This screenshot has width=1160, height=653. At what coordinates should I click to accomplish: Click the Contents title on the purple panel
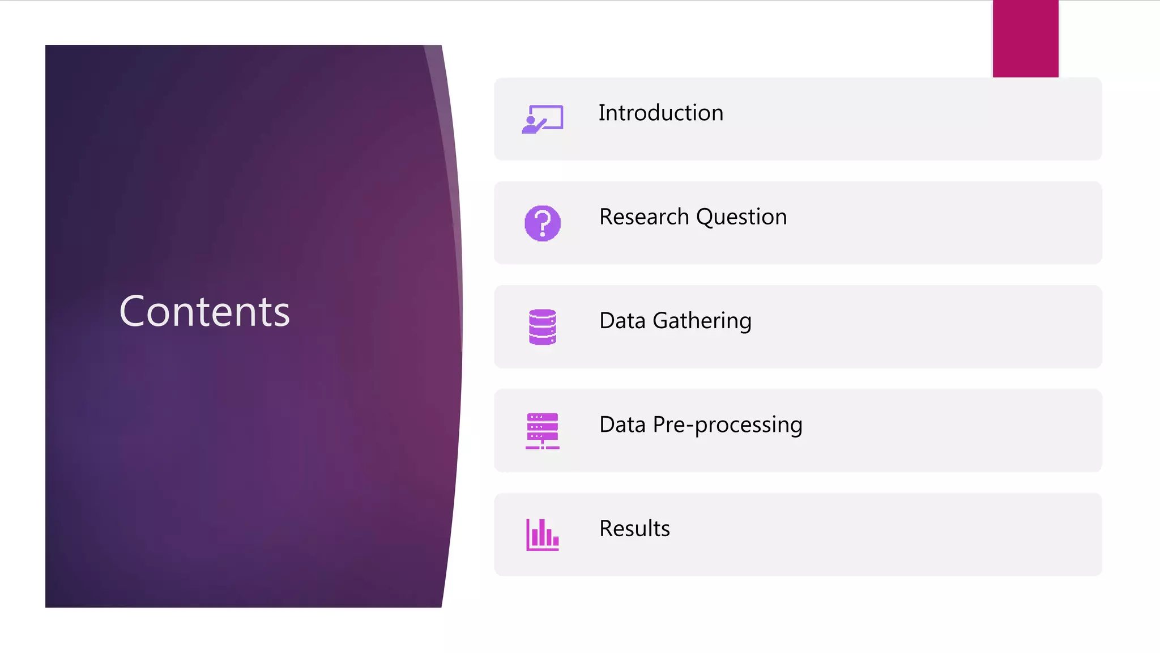[x=204, y=312]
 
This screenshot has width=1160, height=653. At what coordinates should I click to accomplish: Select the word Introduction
[x=661, y=113]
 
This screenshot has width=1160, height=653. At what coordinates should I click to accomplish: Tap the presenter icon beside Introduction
[x=542, y=119]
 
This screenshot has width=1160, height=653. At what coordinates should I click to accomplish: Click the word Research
[x=644, y=217]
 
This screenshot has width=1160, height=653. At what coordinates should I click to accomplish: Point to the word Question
[x=741, y=217]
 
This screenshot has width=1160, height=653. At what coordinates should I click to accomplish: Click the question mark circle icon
[x=543, y=223]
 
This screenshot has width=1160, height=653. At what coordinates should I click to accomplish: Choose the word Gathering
[x=702, y=321]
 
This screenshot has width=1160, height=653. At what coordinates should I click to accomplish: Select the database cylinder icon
[x=543, y=327]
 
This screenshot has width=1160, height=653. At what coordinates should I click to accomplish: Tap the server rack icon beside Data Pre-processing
[x=543, y=431]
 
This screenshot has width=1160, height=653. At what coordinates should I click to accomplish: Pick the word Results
[x=634, y=529]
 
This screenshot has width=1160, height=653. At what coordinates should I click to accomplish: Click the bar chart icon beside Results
[x=543, y=535]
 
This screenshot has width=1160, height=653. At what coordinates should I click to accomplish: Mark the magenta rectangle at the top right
[x=1025, y=39]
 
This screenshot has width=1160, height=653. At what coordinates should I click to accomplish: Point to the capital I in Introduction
[x=602, y=113]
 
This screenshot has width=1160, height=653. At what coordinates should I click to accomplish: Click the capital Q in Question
[x=706, y=217]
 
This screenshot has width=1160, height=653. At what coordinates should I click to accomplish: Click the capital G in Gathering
[x=662, y=321]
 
